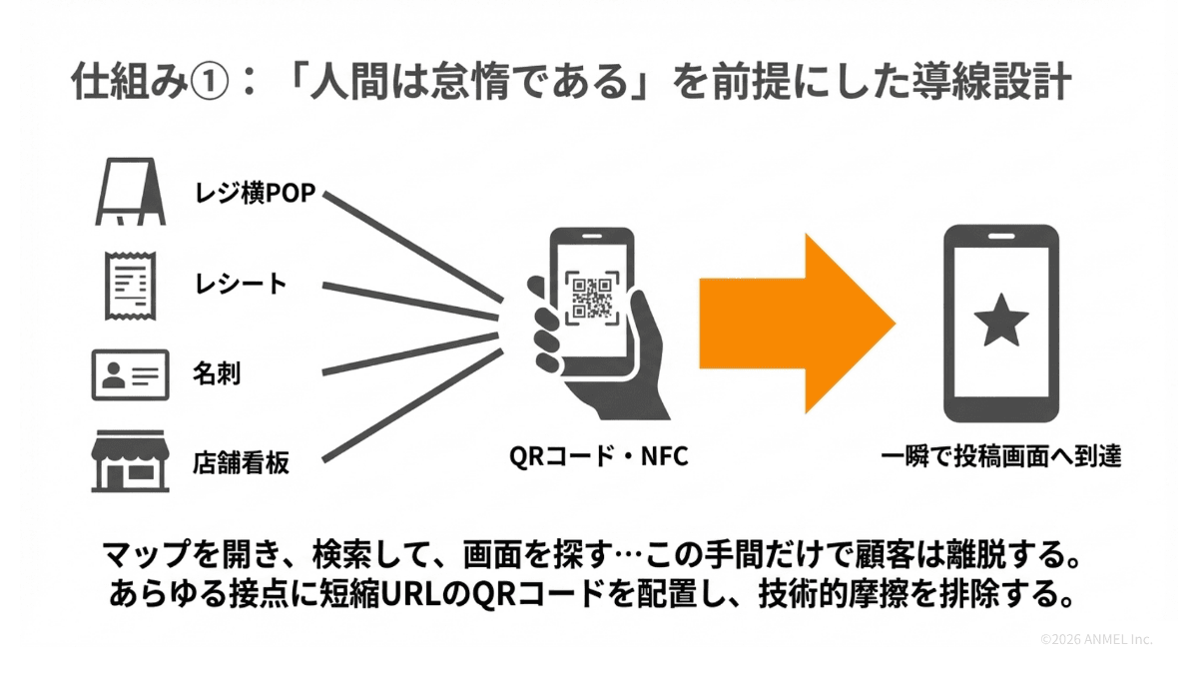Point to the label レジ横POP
click(254, 194)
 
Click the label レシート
click(240, 285)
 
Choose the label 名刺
click(217, 375)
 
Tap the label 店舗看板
click(241, 463)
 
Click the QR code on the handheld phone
click(591, 297)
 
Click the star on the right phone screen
click(1000, 323)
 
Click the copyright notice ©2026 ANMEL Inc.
click(1095, 639)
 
